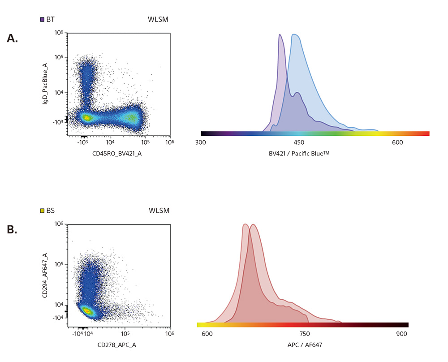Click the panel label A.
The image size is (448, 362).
pyautogui.click(x=12, y=39)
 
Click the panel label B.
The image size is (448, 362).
pyautogui.click(x=12, y=230)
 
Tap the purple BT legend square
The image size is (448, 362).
pyautogui.click(x=42, y=19)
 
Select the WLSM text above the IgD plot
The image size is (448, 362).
pyautogui.click(x=158, y=19)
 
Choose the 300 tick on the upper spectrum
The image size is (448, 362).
pyautogui.click(x=201, y=142)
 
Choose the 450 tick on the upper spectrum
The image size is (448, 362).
pyautogui.click(x=299, y=142)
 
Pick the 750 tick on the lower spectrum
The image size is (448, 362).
pyautogui.click(x=304, y=334)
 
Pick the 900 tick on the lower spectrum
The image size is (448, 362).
pyautogui.click(x=402, y=334)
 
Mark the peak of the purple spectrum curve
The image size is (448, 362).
pyautogui.click(x=280, y=34)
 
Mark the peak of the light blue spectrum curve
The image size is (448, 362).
pyautogui.click(x=294, y=34)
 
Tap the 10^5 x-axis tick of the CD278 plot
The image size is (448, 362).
pyautogui.click(x=125, y=333)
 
